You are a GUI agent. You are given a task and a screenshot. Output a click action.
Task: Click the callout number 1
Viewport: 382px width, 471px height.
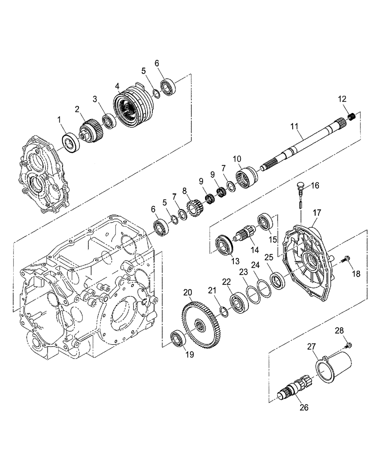point(60,121)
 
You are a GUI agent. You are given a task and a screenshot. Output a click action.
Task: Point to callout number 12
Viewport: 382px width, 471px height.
point(342,99)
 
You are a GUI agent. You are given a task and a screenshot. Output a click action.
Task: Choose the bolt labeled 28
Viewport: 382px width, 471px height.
point(349,347)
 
